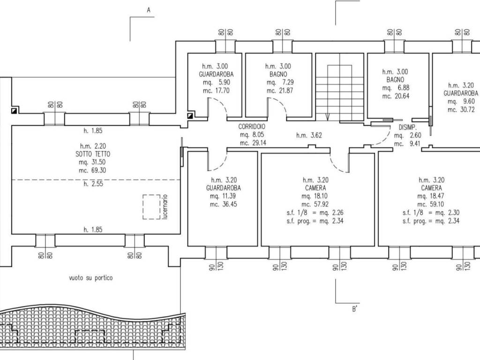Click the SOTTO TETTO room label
coord(93,154)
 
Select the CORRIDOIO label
coord(252,127)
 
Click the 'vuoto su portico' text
coord(91,278)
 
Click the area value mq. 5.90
coord(217,82)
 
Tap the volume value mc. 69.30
coord(92,170)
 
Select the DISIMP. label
coord(407,127)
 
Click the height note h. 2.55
coord(93,184)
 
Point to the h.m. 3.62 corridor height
coord(309,135)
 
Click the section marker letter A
coord(149,10)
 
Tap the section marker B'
coord(354,309)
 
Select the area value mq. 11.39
coord(223,196)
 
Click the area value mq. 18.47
coord(431,196)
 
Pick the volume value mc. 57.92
coord(315,204)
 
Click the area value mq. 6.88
coord(396,88)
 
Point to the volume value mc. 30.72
coord(461,110)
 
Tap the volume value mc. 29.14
coord(253,142)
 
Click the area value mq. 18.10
coord(315,196)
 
